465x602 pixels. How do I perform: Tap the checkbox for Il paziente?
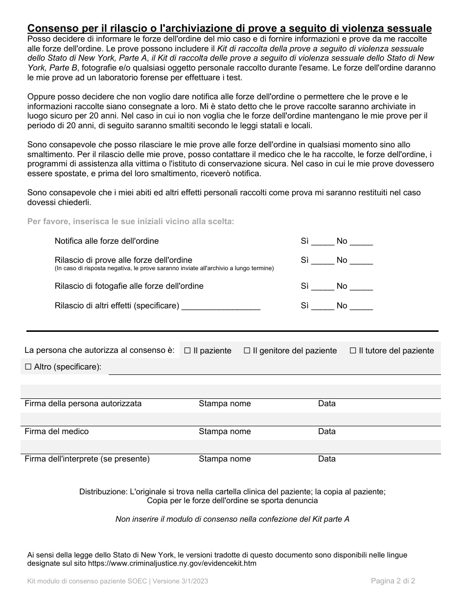point(187,350)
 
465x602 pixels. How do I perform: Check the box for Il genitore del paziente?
point(247,350)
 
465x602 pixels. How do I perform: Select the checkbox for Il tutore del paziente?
point(353,350)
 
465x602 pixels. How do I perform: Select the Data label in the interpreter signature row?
point(326,459)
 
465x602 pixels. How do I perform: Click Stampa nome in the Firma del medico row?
point(224,431)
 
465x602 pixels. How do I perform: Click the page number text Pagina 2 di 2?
point(393,581)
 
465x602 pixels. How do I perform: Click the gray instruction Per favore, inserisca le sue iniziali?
point(131,221)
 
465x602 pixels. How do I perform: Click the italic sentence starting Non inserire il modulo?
point(232,519)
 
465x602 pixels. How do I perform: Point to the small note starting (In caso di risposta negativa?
point(164,268)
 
